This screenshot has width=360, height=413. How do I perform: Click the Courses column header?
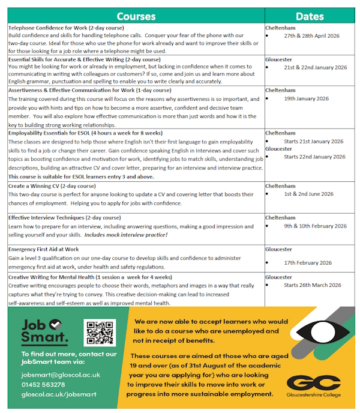(136, 16)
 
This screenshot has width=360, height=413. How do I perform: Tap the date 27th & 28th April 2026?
(311, 36)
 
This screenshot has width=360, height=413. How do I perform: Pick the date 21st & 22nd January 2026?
(315, 68)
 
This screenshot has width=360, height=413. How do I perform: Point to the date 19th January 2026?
(306, 98)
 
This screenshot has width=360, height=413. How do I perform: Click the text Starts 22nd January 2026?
(314, 157)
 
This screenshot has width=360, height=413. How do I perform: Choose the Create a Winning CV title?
(52, 186)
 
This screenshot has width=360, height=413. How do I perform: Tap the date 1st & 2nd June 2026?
(308, 194)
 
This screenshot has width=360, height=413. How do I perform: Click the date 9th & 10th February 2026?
(315, 226)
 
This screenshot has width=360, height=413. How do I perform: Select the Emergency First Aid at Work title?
(44, 249)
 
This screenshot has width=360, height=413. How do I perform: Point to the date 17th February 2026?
(308, 263)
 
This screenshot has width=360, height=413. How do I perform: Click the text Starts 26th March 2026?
(312, 285)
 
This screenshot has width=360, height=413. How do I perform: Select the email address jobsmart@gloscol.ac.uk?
(60, 375)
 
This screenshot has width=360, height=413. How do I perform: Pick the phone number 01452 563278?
(43, 385)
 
